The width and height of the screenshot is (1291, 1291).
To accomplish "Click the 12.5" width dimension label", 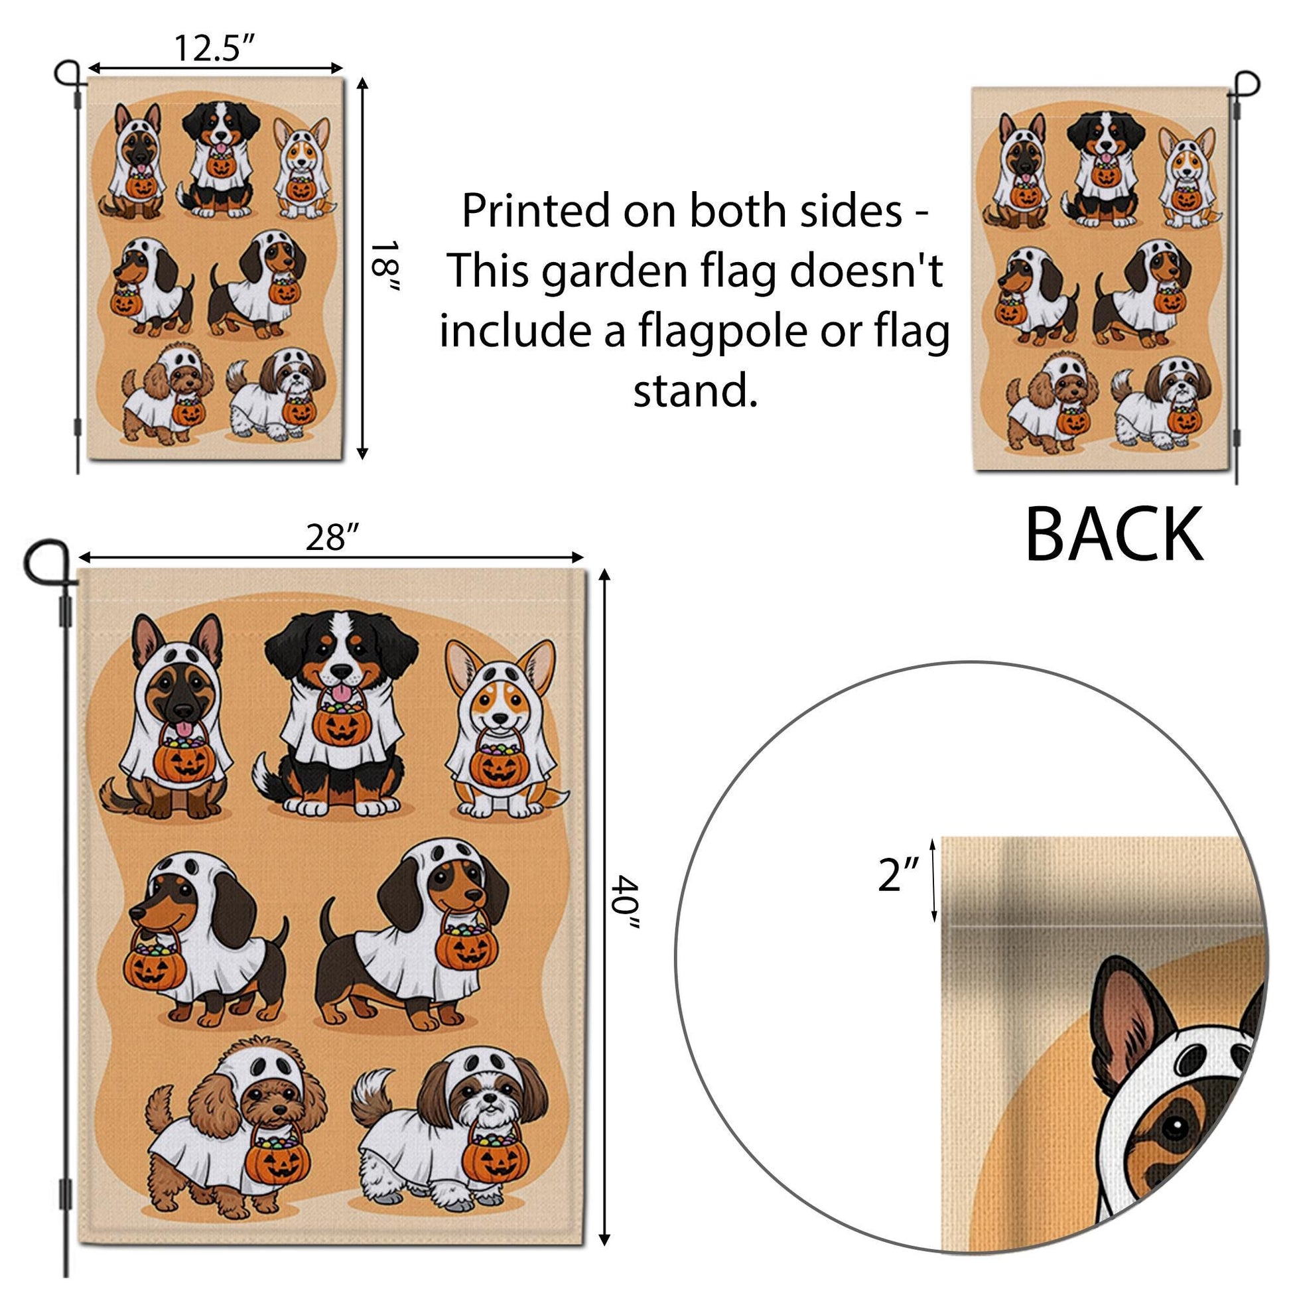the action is [215, 48].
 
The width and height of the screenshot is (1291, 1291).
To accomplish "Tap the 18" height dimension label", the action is [383, 267].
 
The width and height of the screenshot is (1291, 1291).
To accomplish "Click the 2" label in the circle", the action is [900, 875].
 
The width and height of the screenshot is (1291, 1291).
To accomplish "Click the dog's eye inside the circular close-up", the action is [1174, 1128].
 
